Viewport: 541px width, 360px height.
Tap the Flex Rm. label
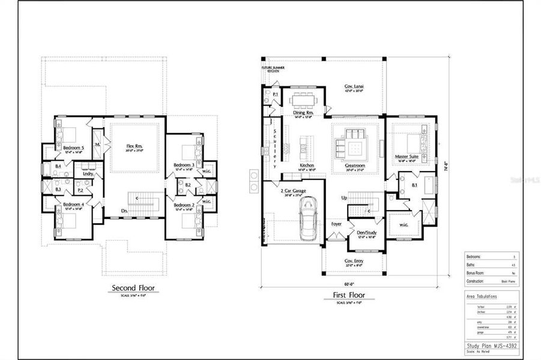pos(134,145)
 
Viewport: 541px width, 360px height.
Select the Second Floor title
pos(133,288)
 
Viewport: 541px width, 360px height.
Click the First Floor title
pos(349,295)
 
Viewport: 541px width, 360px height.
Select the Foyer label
pos(336,224)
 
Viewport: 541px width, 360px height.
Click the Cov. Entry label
pos(353,261)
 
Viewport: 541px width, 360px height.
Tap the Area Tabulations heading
pos(482,296)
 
